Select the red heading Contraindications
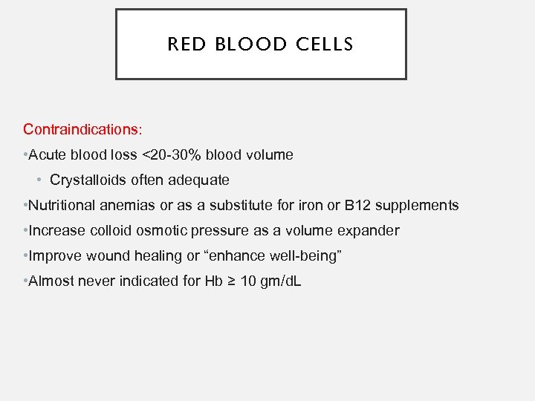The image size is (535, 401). pyautogui.click(x=81, y=129)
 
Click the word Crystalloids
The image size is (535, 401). pyautogui.click(x=88, y=180)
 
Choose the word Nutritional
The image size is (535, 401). pyautogui.click(x=63, y=205)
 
